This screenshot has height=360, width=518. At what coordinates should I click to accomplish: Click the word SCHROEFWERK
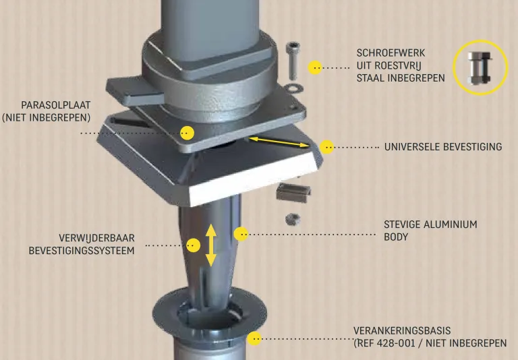point(391,53)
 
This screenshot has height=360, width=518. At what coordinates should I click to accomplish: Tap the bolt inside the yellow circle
point(480,67)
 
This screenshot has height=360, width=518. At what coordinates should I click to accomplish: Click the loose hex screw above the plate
point(293,61)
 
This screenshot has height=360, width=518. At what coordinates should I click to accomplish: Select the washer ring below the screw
point(293,88)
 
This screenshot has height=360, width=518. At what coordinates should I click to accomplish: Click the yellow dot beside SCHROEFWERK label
point(315,67)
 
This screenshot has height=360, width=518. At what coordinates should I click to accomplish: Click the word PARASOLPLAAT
point(55,105)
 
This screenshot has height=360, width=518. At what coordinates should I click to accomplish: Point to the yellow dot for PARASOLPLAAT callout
point(187,133)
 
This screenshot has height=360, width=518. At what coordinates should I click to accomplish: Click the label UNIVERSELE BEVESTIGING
point(443,147)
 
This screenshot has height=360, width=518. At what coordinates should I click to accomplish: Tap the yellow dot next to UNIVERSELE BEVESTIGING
point(326,147)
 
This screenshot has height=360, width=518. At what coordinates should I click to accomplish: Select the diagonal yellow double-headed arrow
point(279,142)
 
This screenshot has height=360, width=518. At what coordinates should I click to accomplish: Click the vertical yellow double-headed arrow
point(210,245)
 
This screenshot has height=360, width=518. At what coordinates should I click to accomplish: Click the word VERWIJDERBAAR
point(97,238)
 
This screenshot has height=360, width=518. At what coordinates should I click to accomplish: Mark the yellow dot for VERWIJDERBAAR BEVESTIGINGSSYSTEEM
point(194,245)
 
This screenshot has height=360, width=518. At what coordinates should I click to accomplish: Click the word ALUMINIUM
point(451,224)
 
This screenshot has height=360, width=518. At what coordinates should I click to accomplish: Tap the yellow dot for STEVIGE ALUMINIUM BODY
point(241,234)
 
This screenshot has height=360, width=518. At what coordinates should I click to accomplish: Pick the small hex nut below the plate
point(293,219)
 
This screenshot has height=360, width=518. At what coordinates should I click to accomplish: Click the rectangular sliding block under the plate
point(293,193)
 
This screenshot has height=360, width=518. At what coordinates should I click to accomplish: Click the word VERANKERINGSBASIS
point(402,330)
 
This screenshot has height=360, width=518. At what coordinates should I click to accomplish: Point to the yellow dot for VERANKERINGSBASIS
point(254,338)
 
